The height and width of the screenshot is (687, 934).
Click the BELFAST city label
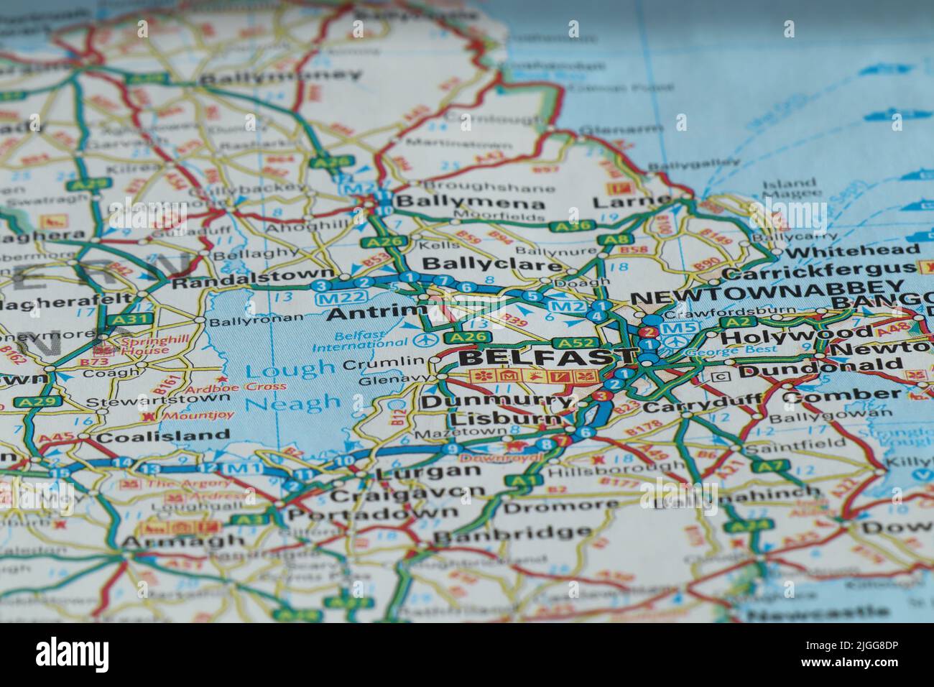[x=547, y=356]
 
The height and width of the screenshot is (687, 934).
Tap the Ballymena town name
[x=471, y=202]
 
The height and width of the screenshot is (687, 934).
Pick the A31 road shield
[x=119, y=318]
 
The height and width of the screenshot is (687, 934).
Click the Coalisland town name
[x=163, y=435]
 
